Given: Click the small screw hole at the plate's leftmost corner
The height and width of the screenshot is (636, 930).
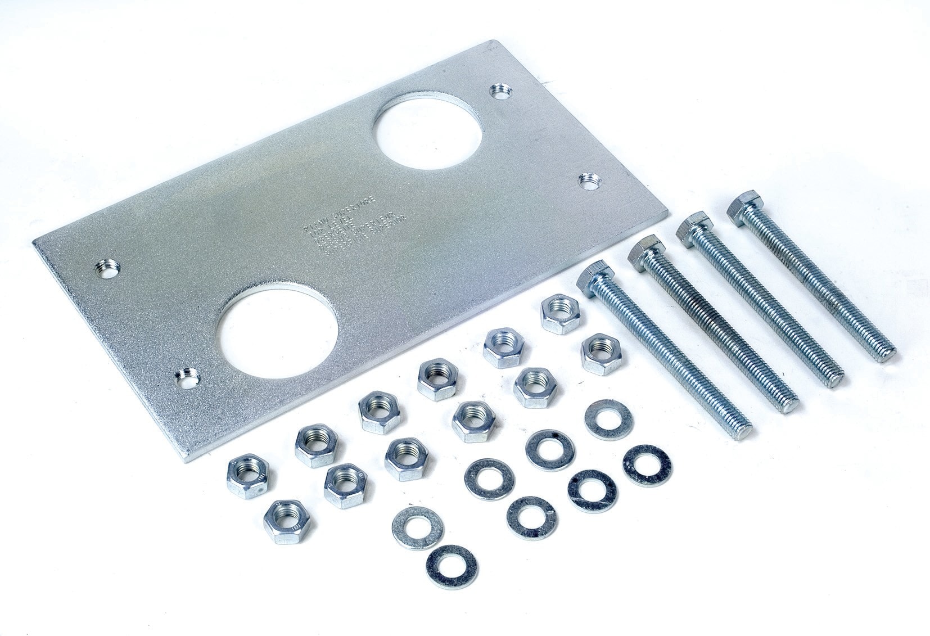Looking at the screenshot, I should click(107, 269).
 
